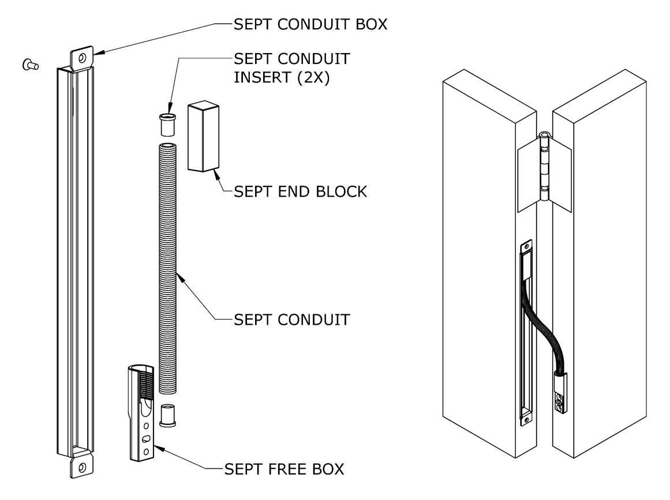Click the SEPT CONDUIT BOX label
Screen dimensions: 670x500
tap(310, 24)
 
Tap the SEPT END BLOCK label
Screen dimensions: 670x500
tap(301, 191)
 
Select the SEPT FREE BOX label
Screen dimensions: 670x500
tap(284, 469)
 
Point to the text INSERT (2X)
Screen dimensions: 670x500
tap(282, 78)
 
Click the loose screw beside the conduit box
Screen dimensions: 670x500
tap(31, 65)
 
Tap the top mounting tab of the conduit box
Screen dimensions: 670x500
tap(81, 58)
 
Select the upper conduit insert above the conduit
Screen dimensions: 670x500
tap(167, 125)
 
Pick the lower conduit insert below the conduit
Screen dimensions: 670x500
tap(167, 415)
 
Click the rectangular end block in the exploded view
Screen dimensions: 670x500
tap(203, 136)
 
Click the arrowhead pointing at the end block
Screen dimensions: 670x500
tap(216, 172)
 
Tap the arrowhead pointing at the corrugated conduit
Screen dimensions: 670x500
tap(180, 277)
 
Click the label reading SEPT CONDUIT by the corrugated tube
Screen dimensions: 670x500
tap(292, 320)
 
